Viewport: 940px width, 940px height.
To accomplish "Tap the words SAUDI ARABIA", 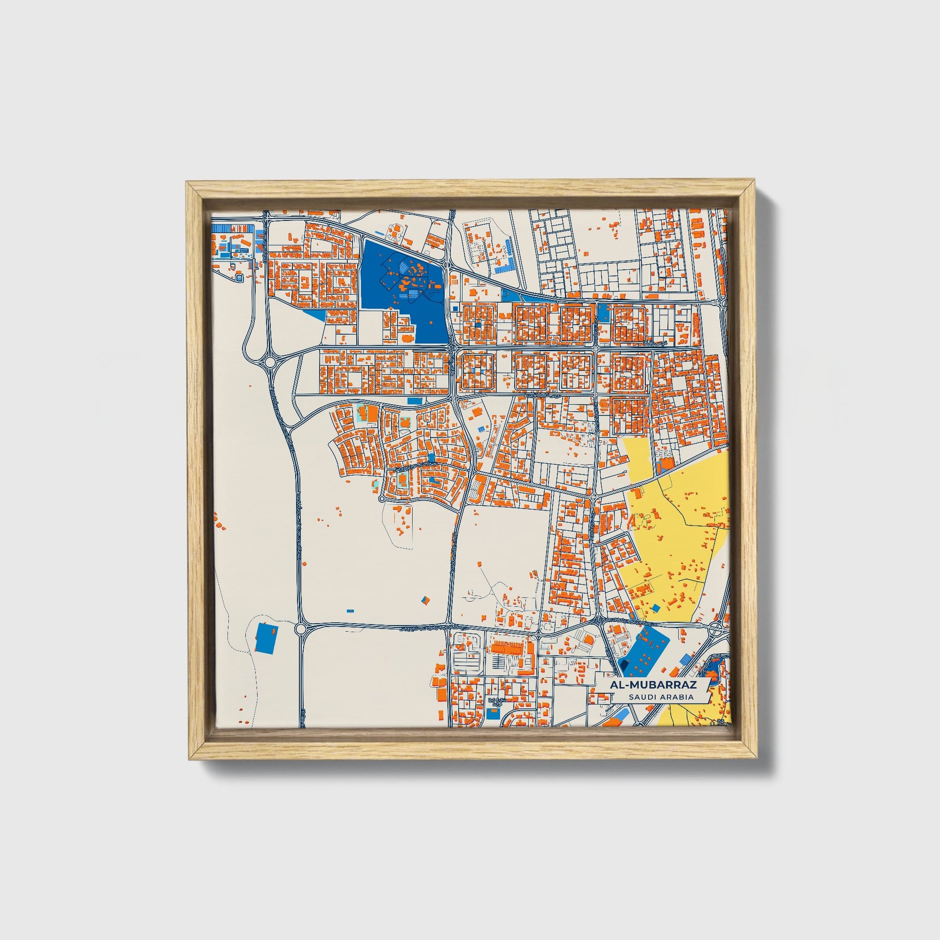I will [x=661, y=697].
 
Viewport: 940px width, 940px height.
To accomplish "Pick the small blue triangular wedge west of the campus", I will [x=316, y=314].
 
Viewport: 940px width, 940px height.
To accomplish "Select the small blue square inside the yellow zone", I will [x=656, y=608].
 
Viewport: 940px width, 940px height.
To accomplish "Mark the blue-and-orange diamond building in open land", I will [x=426, y=600].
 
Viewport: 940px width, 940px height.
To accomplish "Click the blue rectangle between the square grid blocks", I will [x=603, y=312].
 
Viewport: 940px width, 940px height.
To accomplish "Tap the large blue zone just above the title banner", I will [x=645, y=652].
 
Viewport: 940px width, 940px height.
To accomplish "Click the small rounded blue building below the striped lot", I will [x=239, y=277].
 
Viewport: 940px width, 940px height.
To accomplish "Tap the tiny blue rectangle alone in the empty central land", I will [x=350, y=611].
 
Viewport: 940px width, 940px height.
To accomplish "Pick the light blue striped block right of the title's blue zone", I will [x=686, y=659].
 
